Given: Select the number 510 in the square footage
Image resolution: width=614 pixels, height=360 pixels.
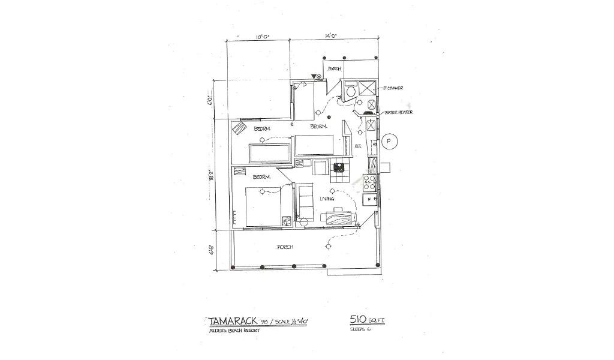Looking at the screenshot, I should tap(358, 320).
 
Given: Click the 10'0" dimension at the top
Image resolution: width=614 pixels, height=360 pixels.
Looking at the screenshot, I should tap(262, 37).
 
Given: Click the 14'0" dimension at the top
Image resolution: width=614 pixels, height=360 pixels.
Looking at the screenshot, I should tap(330, 37).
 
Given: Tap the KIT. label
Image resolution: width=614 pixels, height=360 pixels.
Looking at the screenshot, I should tap(357, 146).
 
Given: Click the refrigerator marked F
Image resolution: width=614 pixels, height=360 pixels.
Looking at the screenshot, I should tap(370, 198).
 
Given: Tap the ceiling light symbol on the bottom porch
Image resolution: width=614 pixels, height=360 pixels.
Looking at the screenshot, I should tap(328, 246).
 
